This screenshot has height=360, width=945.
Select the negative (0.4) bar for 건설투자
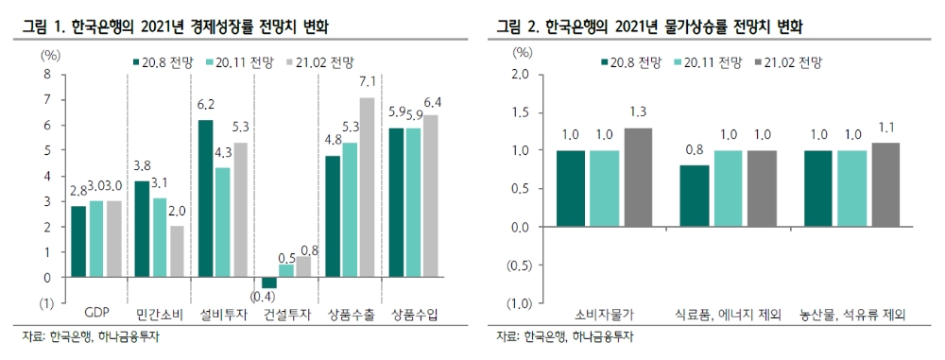(x=269, y=283)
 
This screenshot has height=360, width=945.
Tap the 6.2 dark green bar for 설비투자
(x=205, y=198)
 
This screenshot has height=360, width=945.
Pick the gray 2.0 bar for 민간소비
(x=177, y=251)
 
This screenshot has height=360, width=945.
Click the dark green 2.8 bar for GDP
(x=78, y=242)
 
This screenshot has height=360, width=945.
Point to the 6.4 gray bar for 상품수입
(x=431, y=196)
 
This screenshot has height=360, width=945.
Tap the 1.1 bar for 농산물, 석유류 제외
(x=885, y=185)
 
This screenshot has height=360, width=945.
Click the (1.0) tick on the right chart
(x=518, y=304)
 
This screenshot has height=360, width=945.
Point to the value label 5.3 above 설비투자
(x=240, y=128)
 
